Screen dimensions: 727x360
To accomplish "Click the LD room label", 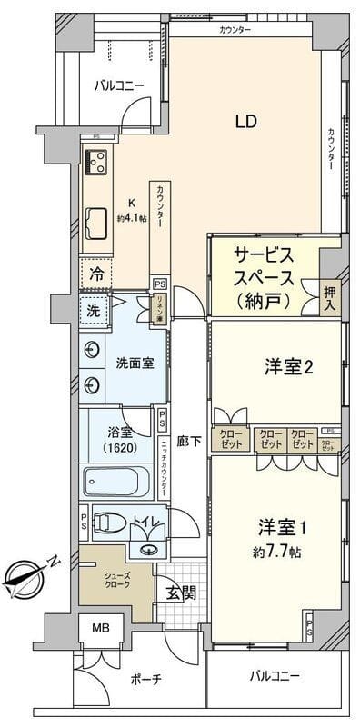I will [245, 121].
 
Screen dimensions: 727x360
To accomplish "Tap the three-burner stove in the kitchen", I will [95, 163].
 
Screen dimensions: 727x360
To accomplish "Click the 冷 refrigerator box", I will [95, 272].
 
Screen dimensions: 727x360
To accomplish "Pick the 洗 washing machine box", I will [92, 309].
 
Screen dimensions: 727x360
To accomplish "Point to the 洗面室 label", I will [134, 362].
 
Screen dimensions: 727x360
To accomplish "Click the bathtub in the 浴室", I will [119, 479].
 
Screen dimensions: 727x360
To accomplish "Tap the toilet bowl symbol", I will [110, 523].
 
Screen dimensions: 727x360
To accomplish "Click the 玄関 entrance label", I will [179, 593].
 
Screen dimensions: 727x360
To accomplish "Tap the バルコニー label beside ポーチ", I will [274, 677].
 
